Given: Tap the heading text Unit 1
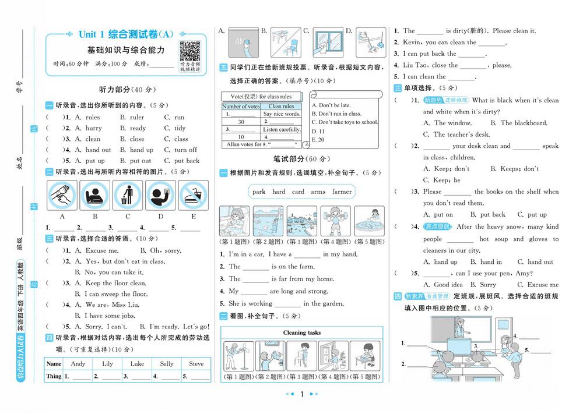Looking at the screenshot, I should tap(92, 34).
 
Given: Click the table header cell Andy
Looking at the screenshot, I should tap(78, 364).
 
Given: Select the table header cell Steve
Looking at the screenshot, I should tap(196, 364).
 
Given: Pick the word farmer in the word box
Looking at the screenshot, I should tap(342, 192).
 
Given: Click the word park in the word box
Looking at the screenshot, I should tap(259, 192).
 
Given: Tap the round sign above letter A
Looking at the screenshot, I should tap(62, 195).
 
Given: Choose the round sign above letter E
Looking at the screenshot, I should tap(193, 195).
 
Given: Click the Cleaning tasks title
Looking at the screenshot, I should tap(302, 332).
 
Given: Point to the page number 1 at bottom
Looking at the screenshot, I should tap(302, 394).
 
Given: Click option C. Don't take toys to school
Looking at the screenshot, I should tap(345, 122).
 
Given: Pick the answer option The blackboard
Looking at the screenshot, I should tap(523, 123).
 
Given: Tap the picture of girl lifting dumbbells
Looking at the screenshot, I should tap(336, 221).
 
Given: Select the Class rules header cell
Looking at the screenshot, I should tap(281, 107).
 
